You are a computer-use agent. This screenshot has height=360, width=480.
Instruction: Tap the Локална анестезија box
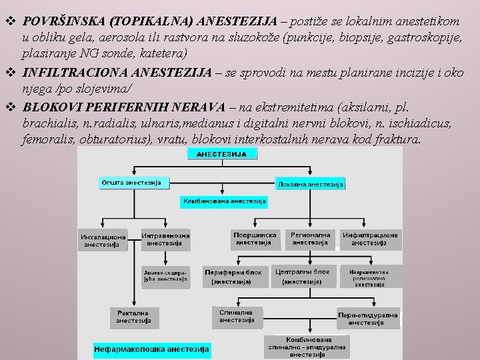(x=311, y=183)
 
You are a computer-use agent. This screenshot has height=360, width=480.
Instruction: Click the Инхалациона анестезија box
(x=103, y=241)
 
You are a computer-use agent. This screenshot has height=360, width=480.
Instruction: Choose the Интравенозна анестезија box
(x=165, y=239)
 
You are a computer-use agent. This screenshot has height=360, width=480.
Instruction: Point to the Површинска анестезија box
(x=255, y=239)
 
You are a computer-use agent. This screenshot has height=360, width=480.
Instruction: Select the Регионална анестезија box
(x=310, y=239)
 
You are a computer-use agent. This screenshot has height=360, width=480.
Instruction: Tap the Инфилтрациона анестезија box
(x=369, y=239)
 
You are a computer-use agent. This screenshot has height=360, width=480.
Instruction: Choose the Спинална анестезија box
(x=237, y=315)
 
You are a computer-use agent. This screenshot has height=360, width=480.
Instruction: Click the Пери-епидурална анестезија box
(x=368, y=319)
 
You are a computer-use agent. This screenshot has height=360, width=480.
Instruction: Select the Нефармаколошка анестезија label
(x=152, y=349)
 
